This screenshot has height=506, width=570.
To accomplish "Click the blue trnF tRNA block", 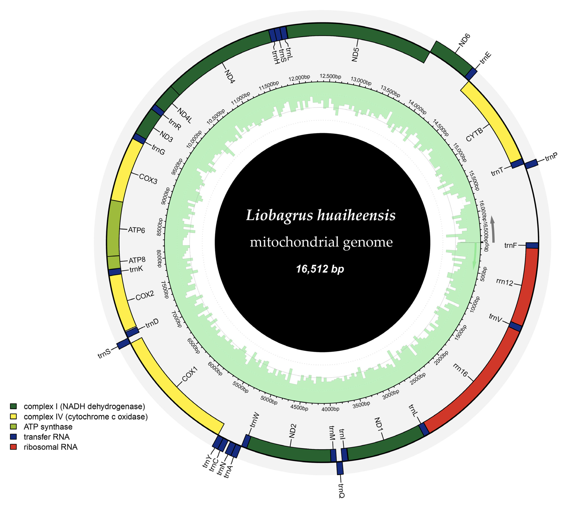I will [x=532, y=245].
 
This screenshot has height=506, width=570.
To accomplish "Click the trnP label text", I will [x=551, y=157].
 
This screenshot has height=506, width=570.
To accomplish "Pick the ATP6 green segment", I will [x=114, y=228].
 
